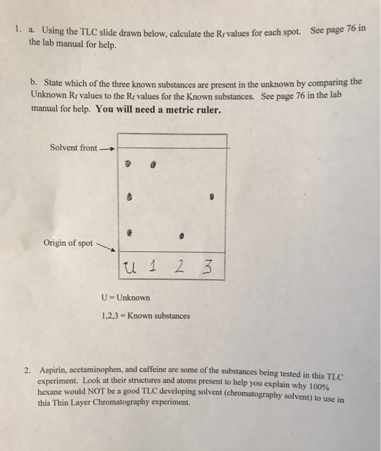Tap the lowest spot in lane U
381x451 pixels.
130,229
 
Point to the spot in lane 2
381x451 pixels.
183,236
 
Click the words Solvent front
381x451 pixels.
74,148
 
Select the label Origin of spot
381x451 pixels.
68,243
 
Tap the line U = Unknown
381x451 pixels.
126,298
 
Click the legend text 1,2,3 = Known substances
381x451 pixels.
146,316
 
